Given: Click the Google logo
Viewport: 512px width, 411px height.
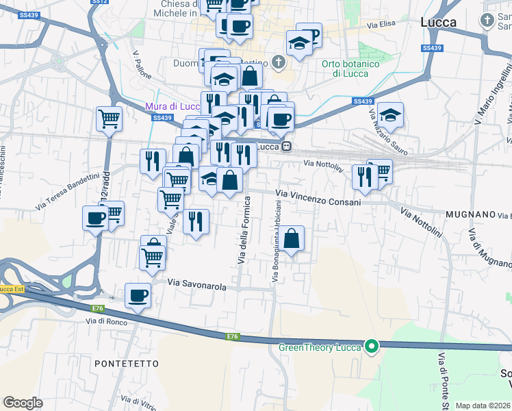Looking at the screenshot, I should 23,403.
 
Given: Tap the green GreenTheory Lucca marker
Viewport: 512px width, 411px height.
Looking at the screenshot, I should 372,347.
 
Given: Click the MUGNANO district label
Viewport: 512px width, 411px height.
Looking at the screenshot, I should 470,214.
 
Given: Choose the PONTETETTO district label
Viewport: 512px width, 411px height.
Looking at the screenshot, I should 127,363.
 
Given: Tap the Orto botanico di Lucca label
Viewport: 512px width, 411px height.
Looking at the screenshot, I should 350,68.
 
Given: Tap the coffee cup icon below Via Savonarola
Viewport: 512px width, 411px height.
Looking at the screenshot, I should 138,295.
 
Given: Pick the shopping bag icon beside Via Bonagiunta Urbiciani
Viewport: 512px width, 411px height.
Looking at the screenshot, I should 292,238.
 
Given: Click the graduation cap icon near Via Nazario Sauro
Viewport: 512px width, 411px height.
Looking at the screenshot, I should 390,114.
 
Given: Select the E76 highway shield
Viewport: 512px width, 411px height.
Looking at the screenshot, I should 233,336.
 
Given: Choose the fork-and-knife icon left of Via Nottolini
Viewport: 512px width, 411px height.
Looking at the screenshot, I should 363,176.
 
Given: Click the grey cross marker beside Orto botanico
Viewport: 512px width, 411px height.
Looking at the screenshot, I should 278,63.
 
